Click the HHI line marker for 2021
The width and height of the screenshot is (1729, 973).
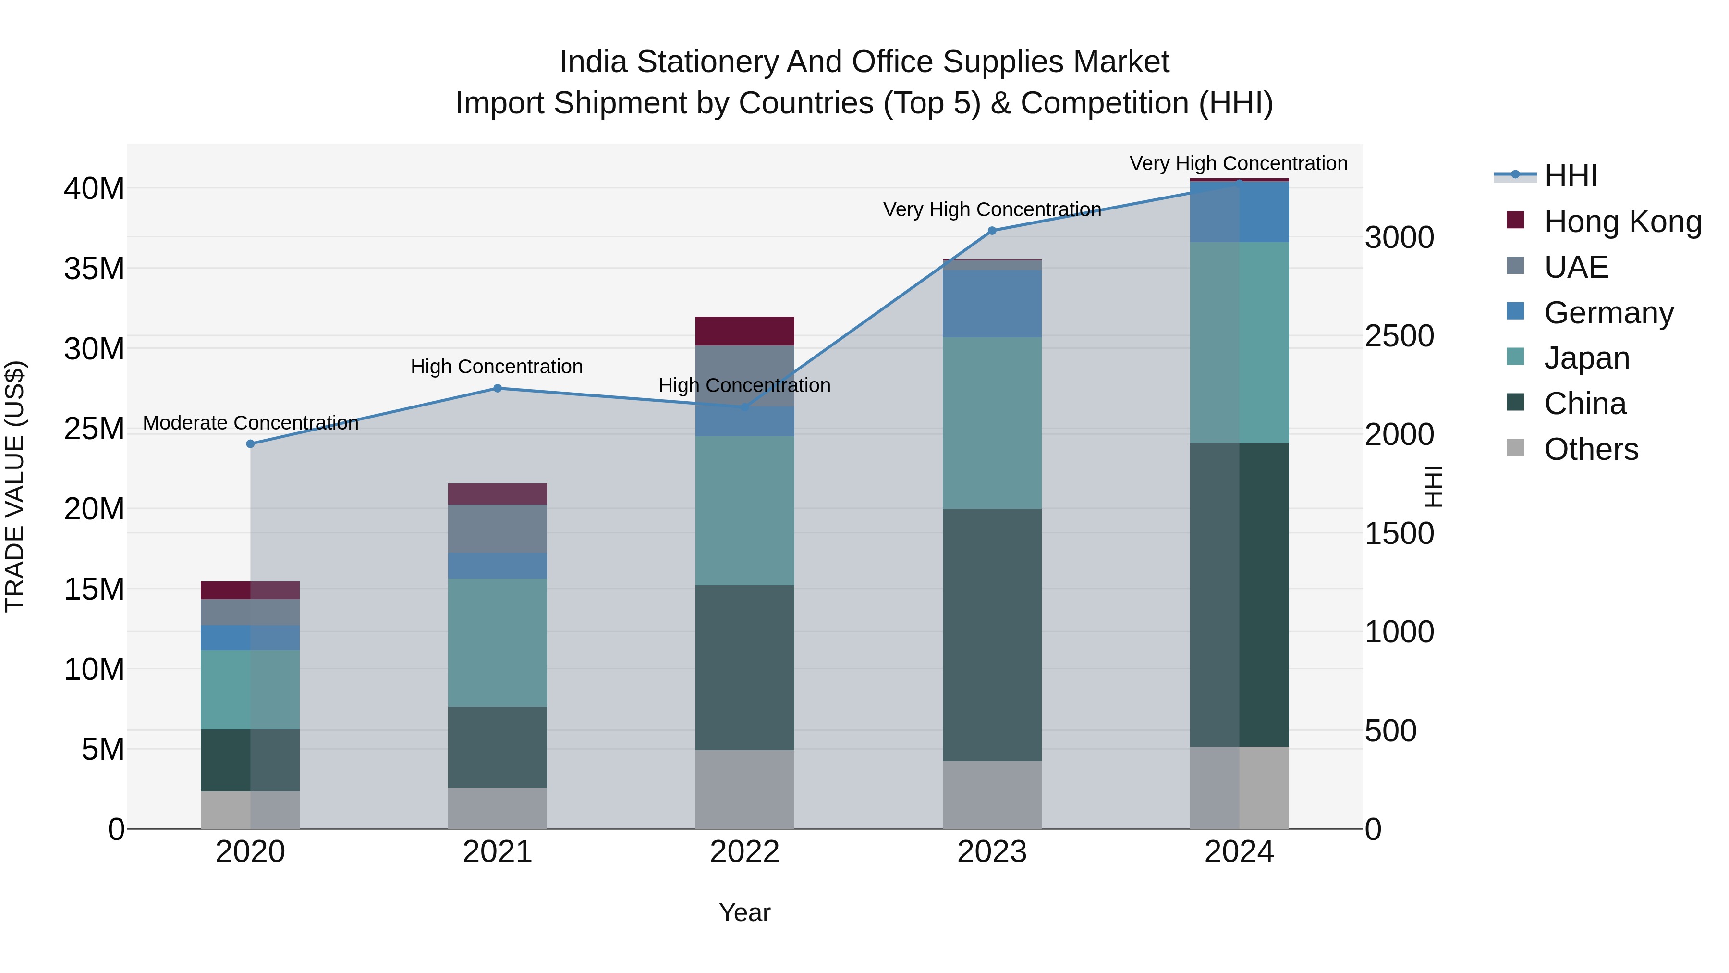coord(498,388)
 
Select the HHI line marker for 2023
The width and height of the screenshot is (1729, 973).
coord(992,230)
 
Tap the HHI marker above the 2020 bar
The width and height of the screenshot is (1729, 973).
coord(250,444)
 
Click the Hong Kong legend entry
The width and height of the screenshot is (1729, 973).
coord(1622,222)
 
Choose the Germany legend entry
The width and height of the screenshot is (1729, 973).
coord(1608,313)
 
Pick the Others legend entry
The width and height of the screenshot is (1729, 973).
coord(1591,449)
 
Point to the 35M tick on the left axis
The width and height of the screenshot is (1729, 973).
coord(94,269)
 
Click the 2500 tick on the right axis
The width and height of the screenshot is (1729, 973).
coord(1400,336)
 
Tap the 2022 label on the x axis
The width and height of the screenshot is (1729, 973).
coord(744,852)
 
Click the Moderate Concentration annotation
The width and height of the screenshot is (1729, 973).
coord(250,423)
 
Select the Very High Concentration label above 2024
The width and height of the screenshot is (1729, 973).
coord(1238,163)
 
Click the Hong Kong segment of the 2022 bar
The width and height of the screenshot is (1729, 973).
coord(744,331)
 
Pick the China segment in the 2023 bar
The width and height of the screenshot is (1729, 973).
coord(992,635)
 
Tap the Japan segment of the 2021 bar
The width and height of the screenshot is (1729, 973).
coord(498,642)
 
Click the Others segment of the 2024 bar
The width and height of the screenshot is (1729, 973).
coord(1239,787)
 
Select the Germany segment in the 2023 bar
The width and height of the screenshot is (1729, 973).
coord(992,304)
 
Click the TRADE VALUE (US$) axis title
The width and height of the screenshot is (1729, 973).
coord(15,486)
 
